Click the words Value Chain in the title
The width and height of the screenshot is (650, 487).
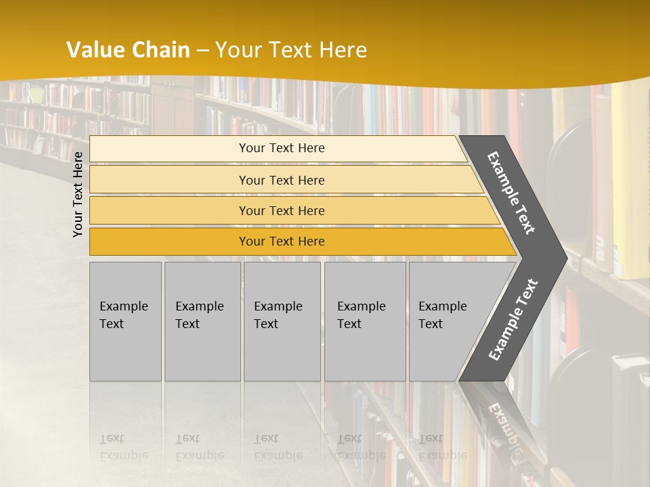tap(128, 50)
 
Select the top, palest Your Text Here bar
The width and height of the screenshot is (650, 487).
tap(281, 148)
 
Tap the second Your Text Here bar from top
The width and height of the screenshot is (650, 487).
tap(281, 180)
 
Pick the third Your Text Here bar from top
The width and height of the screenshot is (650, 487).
tap(281, 210)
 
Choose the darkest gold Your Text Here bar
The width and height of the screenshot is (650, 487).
tap(281, 241)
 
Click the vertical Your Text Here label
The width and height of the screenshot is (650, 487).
tap(78, 194)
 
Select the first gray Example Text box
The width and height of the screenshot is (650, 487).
tap(125, 321)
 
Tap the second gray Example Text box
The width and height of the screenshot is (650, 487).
tap(202, 321)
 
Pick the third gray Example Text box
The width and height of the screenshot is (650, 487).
tap(282, 321)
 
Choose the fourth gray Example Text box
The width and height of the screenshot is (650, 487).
tap(364, 321)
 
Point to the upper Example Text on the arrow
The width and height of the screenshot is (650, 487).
tap(511, 193)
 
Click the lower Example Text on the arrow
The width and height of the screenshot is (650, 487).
tap(513, 320)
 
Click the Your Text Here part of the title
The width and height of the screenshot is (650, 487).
tap(291, 50)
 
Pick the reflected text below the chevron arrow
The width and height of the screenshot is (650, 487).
tap(504, 426)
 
